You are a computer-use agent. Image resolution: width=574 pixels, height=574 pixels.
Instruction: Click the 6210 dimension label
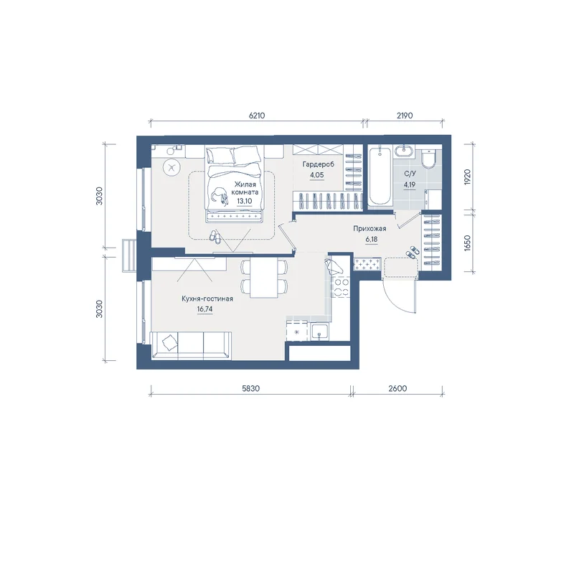click(257, 116)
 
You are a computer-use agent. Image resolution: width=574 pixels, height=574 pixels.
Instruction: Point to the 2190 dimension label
click(405, 116)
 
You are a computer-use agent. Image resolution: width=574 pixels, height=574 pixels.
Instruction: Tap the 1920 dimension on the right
click(467, 177)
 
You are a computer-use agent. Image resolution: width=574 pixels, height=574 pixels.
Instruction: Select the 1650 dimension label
click(467, 243)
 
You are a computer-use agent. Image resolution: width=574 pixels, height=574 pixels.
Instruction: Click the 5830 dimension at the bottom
click(250, 388)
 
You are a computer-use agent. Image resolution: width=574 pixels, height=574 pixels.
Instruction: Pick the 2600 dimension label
click(397, 388)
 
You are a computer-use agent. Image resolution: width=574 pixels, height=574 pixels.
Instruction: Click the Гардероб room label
click(318, 165)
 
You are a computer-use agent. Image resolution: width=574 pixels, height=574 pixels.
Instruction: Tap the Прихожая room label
click(370, 229)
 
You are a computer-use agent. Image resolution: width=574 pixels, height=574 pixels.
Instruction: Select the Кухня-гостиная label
click(207, 298)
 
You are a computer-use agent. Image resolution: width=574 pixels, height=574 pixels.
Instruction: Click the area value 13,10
click(245, 201)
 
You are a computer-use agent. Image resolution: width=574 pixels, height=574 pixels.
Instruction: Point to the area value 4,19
click(409, 184)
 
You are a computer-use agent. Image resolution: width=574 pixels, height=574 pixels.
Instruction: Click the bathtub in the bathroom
click(380, 176)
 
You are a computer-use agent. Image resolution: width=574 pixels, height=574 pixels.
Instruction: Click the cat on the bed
click(220, 195)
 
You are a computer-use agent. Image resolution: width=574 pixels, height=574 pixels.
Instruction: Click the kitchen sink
click(320, 332)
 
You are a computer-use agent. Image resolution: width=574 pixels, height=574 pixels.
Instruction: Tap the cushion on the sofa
click(169, 343)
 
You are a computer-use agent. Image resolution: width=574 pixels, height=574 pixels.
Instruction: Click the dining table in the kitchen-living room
click(263, 278)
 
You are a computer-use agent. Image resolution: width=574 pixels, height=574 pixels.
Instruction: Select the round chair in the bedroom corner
click(171, 169)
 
